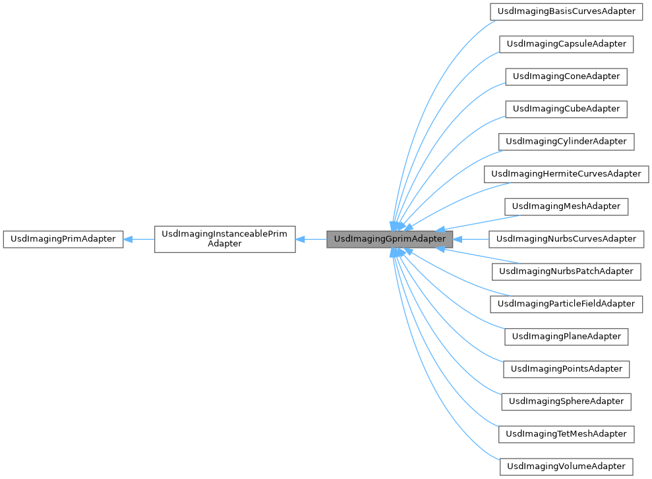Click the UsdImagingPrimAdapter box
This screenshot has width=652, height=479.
(x=63, y=239)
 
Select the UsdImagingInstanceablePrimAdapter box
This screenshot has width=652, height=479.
(x=225, y=239)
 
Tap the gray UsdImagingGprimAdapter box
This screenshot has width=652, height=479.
(x=390, y=239)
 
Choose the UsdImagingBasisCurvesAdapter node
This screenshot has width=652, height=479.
(x=566, y=11)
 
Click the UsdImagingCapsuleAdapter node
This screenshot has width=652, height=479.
(x=566, y=44)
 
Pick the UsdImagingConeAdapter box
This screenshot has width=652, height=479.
(x=566, y=76)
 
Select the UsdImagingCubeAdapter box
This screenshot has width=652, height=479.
(x=566, y=109)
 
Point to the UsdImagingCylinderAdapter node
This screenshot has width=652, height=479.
(x=566, y=141)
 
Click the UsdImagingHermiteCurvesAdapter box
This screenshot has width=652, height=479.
(x=566, y=174)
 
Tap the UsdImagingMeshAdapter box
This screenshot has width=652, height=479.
(x=566, y=206)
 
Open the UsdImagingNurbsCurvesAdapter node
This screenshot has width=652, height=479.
(x=566, y=239)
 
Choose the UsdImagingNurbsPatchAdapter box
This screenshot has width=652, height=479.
(x=566, y=271)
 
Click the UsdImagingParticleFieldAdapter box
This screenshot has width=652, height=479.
(x=566, y=304)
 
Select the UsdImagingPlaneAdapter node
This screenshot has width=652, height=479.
(x=566, y=336)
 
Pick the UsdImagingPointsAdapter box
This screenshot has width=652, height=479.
(x=566, y=368)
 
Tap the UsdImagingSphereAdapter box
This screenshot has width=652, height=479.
(x=566, y=401)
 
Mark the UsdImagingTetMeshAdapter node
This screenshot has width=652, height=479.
(x=566, y=434)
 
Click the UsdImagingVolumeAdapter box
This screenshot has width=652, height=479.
(x=566, y=466)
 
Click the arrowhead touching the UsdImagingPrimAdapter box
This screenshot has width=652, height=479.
(x=129, y=239)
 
